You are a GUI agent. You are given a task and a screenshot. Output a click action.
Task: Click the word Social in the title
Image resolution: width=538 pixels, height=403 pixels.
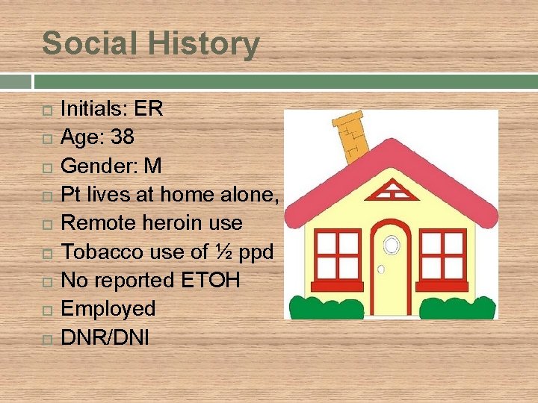pyautogui.click(x=84, y=43)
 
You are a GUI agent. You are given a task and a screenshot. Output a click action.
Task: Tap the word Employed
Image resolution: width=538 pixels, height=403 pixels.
pyautogui.click(x=108, y=308)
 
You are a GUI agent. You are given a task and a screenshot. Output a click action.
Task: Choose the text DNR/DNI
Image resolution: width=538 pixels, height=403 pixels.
pyautogui.click(x=105, y=337)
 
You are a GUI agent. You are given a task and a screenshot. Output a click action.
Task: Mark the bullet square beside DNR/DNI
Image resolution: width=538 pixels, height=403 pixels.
pyautogui.click(x=46, y=338)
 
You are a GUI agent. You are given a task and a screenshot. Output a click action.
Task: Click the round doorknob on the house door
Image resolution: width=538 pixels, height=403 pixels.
pyautogui.click(x=380, y=269)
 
